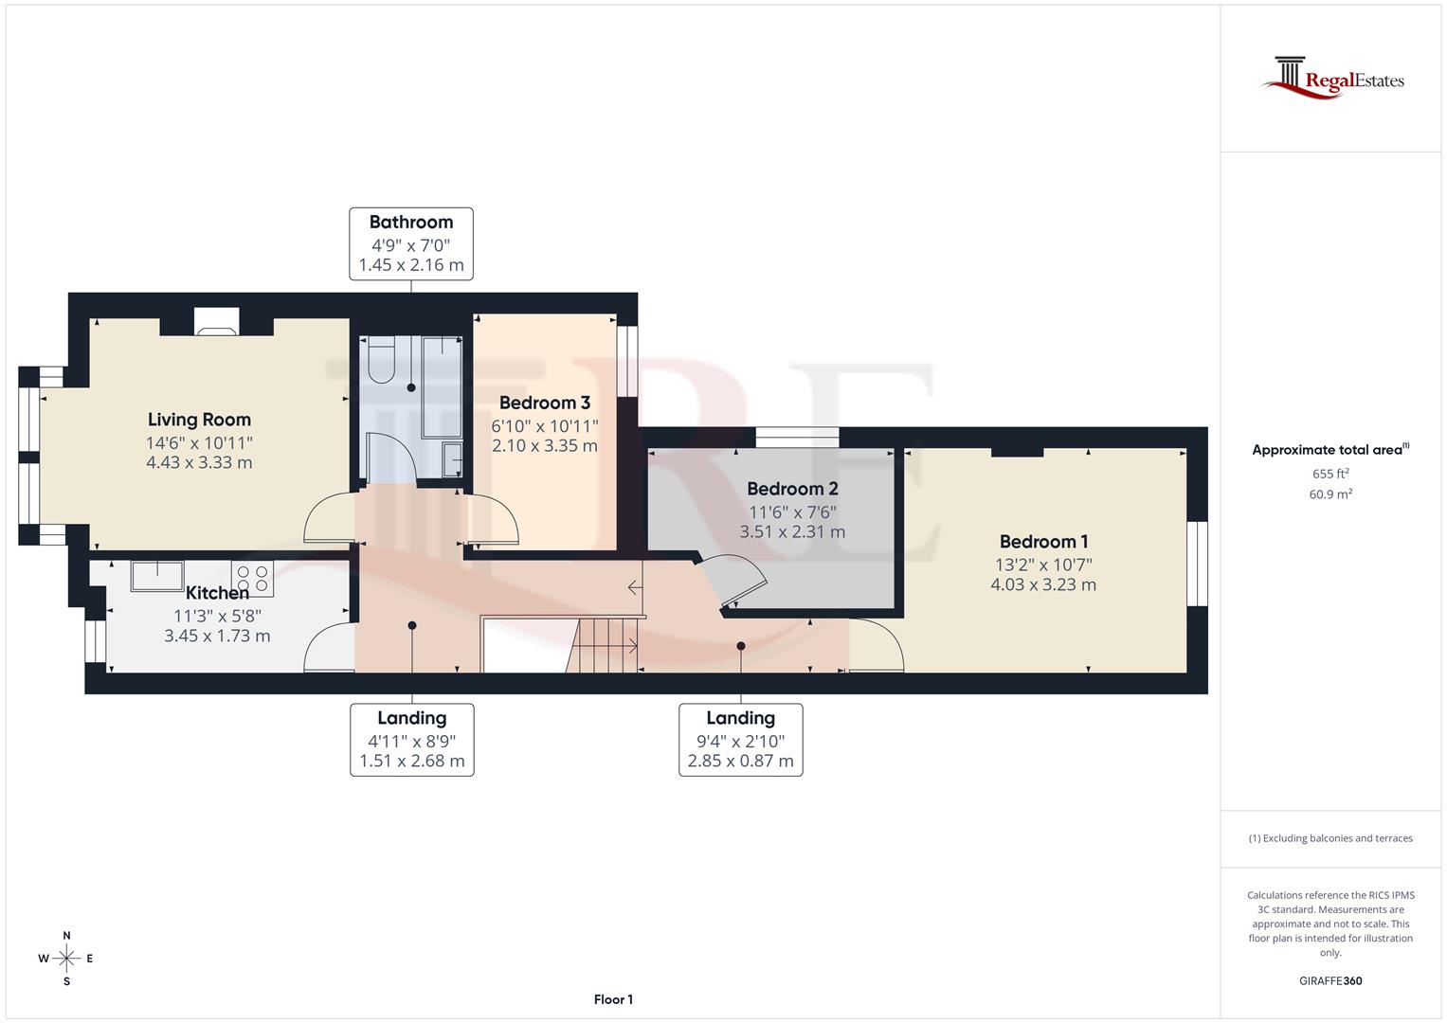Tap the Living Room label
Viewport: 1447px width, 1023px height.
tap(199, 420)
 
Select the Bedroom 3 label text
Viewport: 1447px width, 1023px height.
tap(545, 403)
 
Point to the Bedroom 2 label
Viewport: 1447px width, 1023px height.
tap(792, 489)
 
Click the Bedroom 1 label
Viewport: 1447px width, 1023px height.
tap(1043, 542)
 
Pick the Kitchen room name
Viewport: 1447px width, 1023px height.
tap(217, 593)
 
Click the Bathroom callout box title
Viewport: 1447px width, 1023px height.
tap(411, 223)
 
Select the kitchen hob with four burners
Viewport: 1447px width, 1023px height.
tap(253, 579)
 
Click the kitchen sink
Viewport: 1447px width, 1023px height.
tap(157, 575)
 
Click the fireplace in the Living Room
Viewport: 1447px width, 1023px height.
tap(217, 324)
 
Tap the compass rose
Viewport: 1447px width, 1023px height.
tap(66, 959)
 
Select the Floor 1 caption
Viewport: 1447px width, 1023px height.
tap(613, 999)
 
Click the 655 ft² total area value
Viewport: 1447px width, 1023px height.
tap(1330, 474)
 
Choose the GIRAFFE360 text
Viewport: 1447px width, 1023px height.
tap(1330, 981)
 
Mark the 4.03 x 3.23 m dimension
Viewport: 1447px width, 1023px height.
tap(1043, 585)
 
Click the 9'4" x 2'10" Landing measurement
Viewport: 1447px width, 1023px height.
tap(740, 742)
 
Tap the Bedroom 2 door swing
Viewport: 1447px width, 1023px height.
tap(734, 580)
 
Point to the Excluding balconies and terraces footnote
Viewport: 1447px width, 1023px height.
tap(1330, 838)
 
